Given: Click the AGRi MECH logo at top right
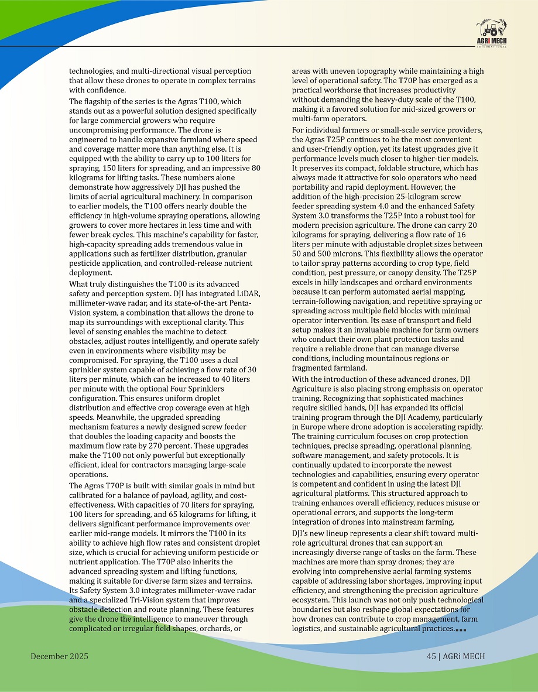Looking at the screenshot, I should coord(492,35).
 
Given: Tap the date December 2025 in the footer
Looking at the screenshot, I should coord(59,656).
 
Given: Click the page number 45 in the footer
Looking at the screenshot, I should coord(432,656).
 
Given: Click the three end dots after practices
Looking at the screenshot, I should coord(461,630).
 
